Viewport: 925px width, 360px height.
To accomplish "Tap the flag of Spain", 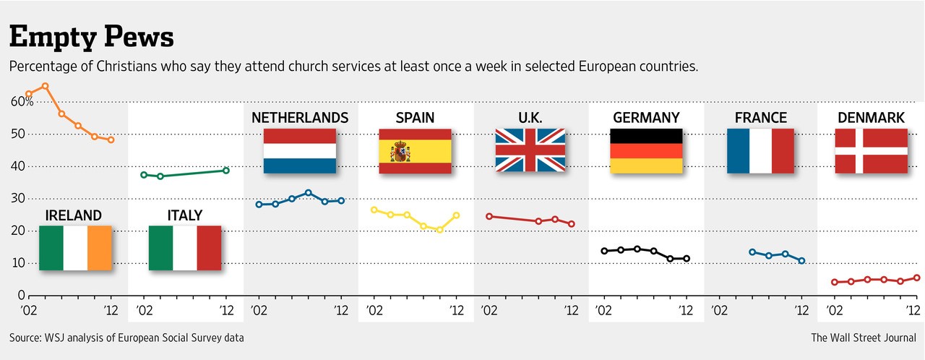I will coord(415,151).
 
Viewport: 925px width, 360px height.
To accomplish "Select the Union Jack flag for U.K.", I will coord(530,151).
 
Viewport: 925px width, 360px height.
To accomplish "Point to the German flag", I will coord(646,151).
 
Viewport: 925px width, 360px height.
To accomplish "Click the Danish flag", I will coord(871,151).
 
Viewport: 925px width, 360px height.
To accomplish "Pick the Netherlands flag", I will coord(300,151).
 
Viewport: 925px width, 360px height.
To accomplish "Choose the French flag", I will coord(760,151).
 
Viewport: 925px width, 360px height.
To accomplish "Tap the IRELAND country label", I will coord(73,215).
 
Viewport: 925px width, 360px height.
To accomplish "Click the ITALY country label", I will coord(184,215).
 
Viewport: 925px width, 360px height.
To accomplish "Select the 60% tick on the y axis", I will coord(22,102).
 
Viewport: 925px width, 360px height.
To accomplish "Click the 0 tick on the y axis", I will coord(21,296).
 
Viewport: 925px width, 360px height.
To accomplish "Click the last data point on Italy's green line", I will coord(226,171).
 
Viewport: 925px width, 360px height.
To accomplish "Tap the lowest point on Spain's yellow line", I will coord(439,230).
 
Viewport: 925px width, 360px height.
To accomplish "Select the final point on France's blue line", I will coord(801,261).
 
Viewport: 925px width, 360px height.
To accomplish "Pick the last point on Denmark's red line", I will coord(917,278).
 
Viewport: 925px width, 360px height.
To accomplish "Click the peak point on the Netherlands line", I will coord(308,193).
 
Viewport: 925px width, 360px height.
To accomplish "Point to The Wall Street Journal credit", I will coord(864,338).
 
